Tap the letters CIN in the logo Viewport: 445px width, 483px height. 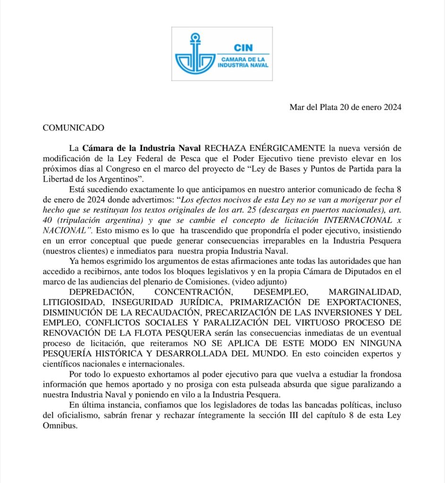(243, 48)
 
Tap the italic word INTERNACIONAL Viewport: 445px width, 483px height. (362, 220)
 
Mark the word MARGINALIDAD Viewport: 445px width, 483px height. (365, 292)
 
